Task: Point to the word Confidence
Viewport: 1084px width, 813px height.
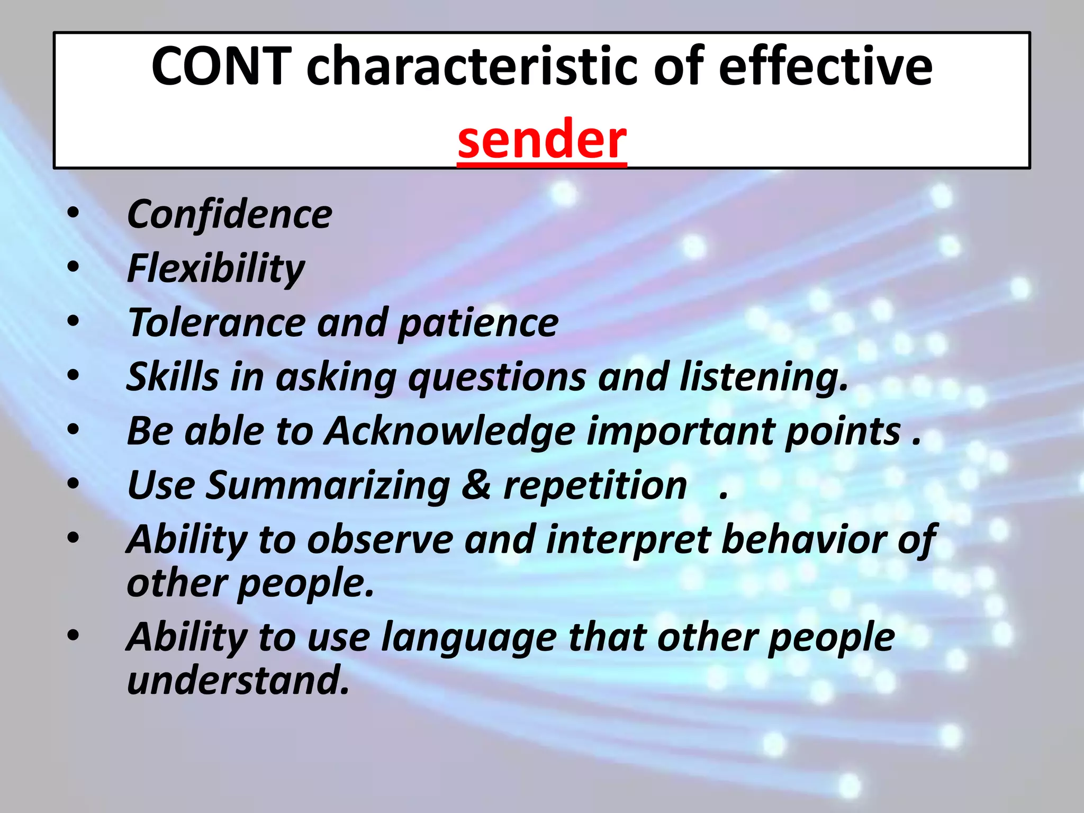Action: tap(229, 215)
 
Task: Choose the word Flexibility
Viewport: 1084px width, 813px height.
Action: tap(216, 269)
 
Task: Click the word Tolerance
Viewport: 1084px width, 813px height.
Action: tap(216, 323)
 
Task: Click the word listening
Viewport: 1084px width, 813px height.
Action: tap(763, 377)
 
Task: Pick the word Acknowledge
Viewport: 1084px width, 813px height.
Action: tap(449, 432)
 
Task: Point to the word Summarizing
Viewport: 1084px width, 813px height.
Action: tap(328, 486)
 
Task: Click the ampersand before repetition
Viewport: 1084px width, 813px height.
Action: tap(476, 485)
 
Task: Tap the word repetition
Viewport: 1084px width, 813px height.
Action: tap(594, 486)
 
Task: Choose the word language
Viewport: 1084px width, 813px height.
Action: tap(468, 638)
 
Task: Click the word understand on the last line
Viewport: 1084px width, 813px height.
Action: tap(238, 681)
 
